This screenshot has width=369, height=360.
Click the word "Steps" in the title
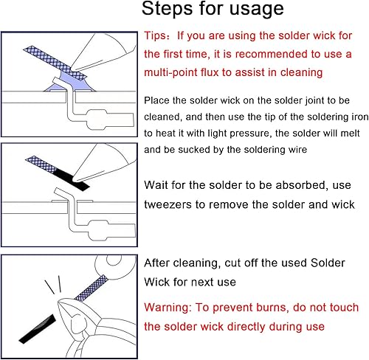(x=167, y=9)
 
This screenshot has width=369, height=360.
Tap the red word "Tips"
(x=155, y=35)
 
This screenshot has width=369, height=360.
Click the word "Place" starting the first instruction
(x=156, y=100)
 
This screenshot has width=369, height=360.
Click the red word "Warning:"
(x=168, y=308)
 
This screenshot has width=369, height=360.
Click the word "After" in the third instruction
(x=156, y=263)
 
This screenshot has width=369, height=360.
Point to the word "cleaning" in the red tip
(x=301, y=73)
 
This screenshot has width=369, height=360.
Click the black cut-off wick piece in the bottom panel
(x=38, y=329)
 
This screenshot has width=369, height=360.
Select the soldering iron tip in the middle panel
(x=76, y=179)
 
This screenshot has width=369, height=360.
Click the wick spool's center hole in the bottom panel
(x=114, y=260)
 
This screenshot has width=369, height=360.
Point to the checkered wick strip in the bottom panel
(x=91, y=288)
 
